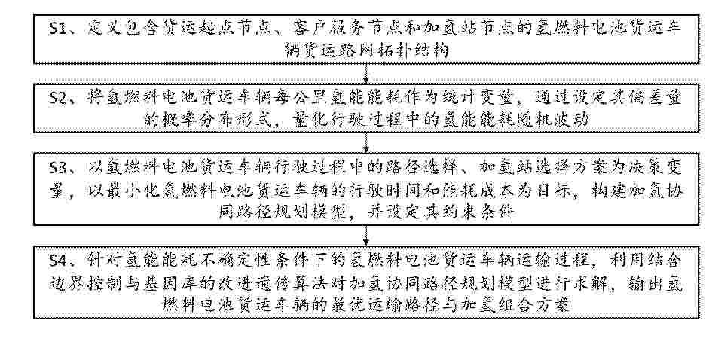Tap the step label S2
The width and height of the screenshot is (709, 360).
(60, 98)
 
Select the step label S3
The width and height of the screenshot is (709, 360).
(60, 168)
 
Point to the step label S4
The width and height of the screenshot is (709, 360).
(60, 261)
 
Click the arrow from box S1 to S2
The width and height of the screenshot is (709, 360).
(366, 72)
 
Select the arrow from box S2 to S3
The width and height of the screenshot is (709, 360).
(366, 142)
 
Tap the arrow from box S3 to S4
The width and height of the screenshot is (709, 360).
(366, 235)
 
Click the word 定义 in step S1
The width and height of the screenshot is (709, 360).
(105, 29)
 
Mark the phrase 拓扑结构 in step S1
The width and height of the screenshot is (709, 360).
(416, 50)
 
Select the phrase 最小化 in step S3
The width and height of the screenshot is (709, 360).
(131, 191)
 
